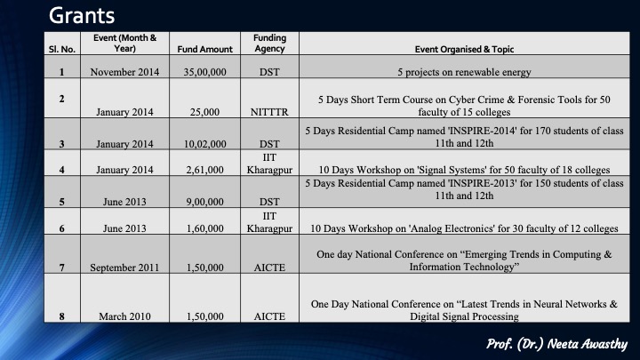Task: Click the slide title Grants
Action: [x=82, y=16]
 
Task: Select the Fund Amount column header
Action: [x=205, y=50]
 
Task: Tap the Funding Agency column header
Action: [x=270, y=44]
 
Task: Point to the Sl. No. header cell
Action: [x=62, y=50]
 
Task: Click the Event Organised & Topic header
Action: [x=464, y=50]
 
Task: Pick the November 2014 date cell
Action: [x=124, y=72]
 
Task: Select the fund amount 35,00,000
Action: [x=205, y=72]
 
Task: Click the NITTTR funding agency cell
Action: [x=269, y=112]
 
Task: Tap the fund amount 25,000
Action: [x=205, y=112]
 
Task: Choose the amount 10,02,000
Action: [x=205, y=144]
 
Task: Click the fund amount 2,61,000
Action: [x=205, y=170]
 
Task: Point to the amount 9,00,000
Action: [x=205, y=202]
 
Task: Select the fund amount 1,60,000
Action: [x=205, y=228]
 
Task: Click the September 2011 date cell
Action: [x=124, y=268]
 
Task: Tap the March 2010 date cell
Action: [x=124, y=316]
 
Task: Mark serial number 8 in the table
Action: [x=61, y=316]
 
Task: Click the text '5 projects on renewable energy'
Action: [x=464, y=72]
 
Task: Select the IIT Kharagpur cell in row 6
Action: [x=269, y=222]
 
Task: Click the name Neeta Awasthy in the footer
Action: [x=588, y=344]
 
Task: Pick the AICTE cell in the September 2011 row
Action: [x=269, y=268]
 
